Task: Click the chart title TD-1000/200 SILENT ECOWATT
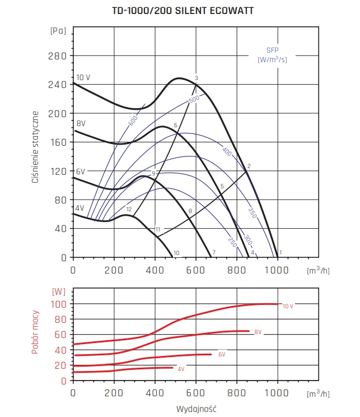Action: tap(179, 11)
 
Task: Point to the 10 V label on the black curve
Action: tap(83, 77)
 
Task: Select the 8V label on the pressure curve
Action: tap(81, 123)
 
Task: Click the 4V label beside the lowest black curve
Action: tap(80, 208)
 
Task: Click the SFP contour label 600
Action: tap(133, 120)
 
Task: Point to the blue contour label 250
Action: tap(232, 241)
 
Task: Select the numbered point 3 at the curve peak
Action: tap(197, 78)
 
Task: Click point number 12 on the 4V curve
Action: tap(129, 210)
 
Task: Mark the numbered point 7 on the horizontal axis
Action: tap(213, 253)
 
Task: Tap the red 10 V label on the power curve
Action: tap(288, 305)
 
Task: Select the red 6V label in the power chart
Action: tap(222, 355)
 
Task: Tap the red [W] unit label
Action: tap(58, 291)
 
